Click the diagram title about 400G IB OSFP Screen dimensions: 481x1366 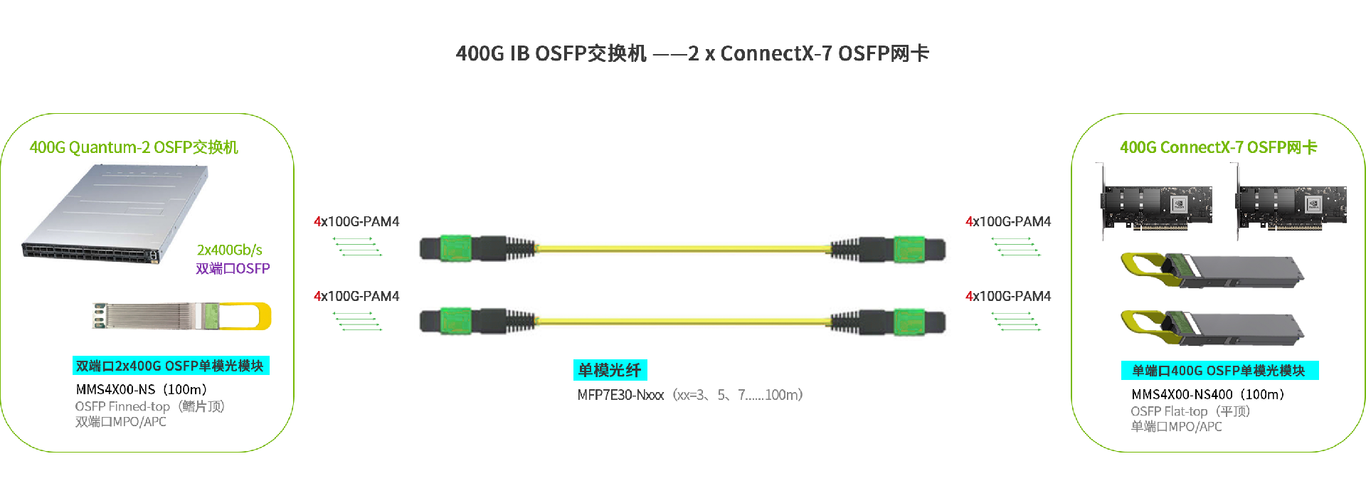coord(692,53)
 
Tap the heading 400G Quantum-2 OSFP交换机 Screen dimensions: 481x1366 coord(134,147)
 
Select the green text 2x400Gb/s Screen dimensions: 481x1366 coord(229,250)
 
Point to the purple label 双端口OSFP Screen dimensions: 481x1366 coord(233,268)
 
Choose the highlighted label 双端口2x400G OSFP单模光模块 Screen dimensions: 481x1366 coord(170,366)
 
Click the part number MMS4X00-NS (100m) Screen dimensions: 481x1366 coord(141,389)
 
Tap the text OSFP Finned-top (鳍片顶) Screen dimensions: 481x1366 coord(149,406)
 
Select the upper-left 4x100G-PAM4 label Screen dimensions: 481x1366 coord(356,221)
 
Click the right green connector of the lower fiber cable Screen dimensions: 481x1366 coord(909,322)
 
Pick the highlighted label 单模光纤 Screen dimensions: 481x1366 coord(610,370)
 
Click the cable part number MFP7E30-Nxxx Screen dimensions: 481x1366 coord(620,395)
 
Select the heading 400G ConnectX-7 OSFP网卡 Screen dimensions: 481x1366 coord(1218,147)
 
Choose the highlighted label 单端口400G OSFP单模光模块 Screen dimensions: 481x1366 coord(1219,371)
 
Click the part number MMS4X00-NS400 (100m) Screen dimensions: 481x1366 coord(1207,394)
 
